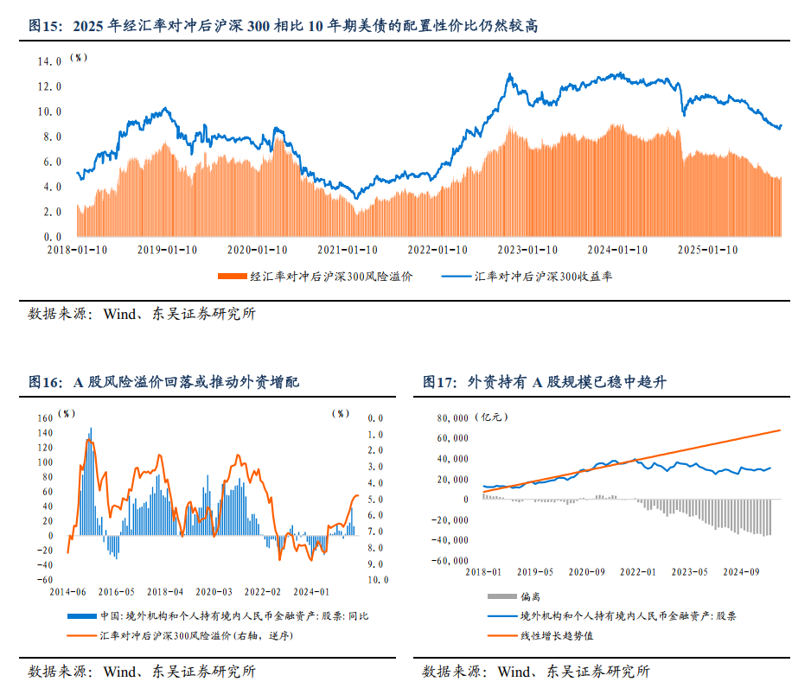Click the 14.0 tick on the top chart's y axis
coord(48,62)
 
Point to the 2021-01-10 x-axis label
coord(347,250)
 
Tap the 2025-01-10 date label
coord(706,250)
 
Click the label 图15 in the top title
coord(45,26)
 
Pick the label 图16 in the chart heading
coord(45,382)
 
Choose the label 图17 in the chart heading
coord(439,382)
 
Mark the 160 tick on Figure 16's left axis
coord(45,417)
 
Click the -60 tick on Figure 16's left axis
coord(45,580)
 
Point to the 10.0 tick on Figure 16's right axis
coord(378,580)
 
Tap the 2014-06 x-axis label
coord(69,592)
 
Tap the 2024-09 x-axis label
coord(741,571)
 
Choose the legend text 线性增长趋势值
coord(556,635)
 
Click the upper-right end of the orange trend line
coord(780,430)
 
